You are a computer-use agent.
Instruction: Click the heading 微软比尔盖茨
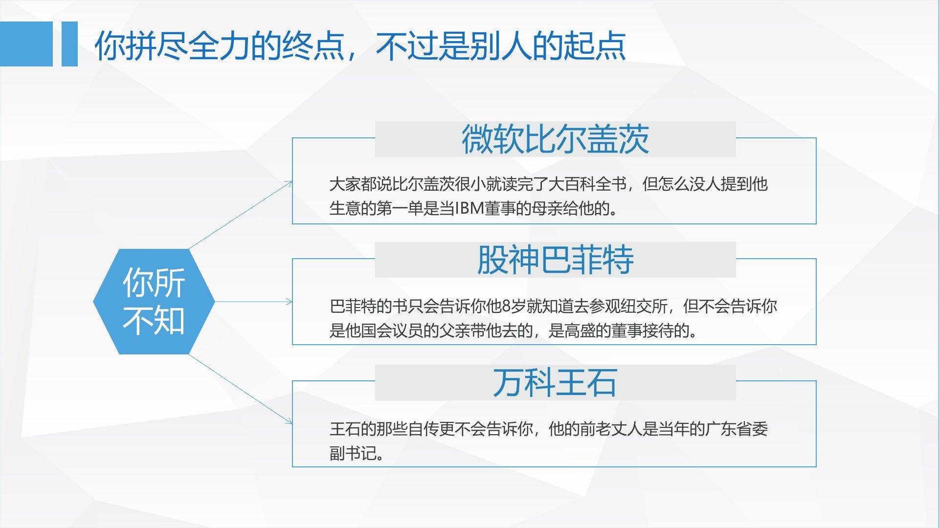555,139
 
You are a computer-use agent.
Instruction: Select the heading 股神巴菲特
555,260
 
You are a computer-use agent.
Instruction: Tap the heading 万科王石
555,382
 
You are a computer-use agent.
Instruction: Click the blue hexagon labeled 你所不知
154,302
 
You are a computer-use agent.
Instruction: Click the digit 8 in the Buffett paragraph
507,307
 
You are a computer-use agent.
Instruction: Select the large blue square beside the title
26,44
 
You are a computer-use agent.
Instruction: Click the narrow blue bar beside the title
69,44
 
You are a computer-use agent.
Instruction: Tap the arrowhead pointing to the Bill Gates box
289,183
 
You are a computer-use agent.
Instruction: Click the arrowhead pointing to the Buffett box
290,302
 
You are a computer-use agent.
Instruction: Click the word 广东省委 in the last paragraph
736,429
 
